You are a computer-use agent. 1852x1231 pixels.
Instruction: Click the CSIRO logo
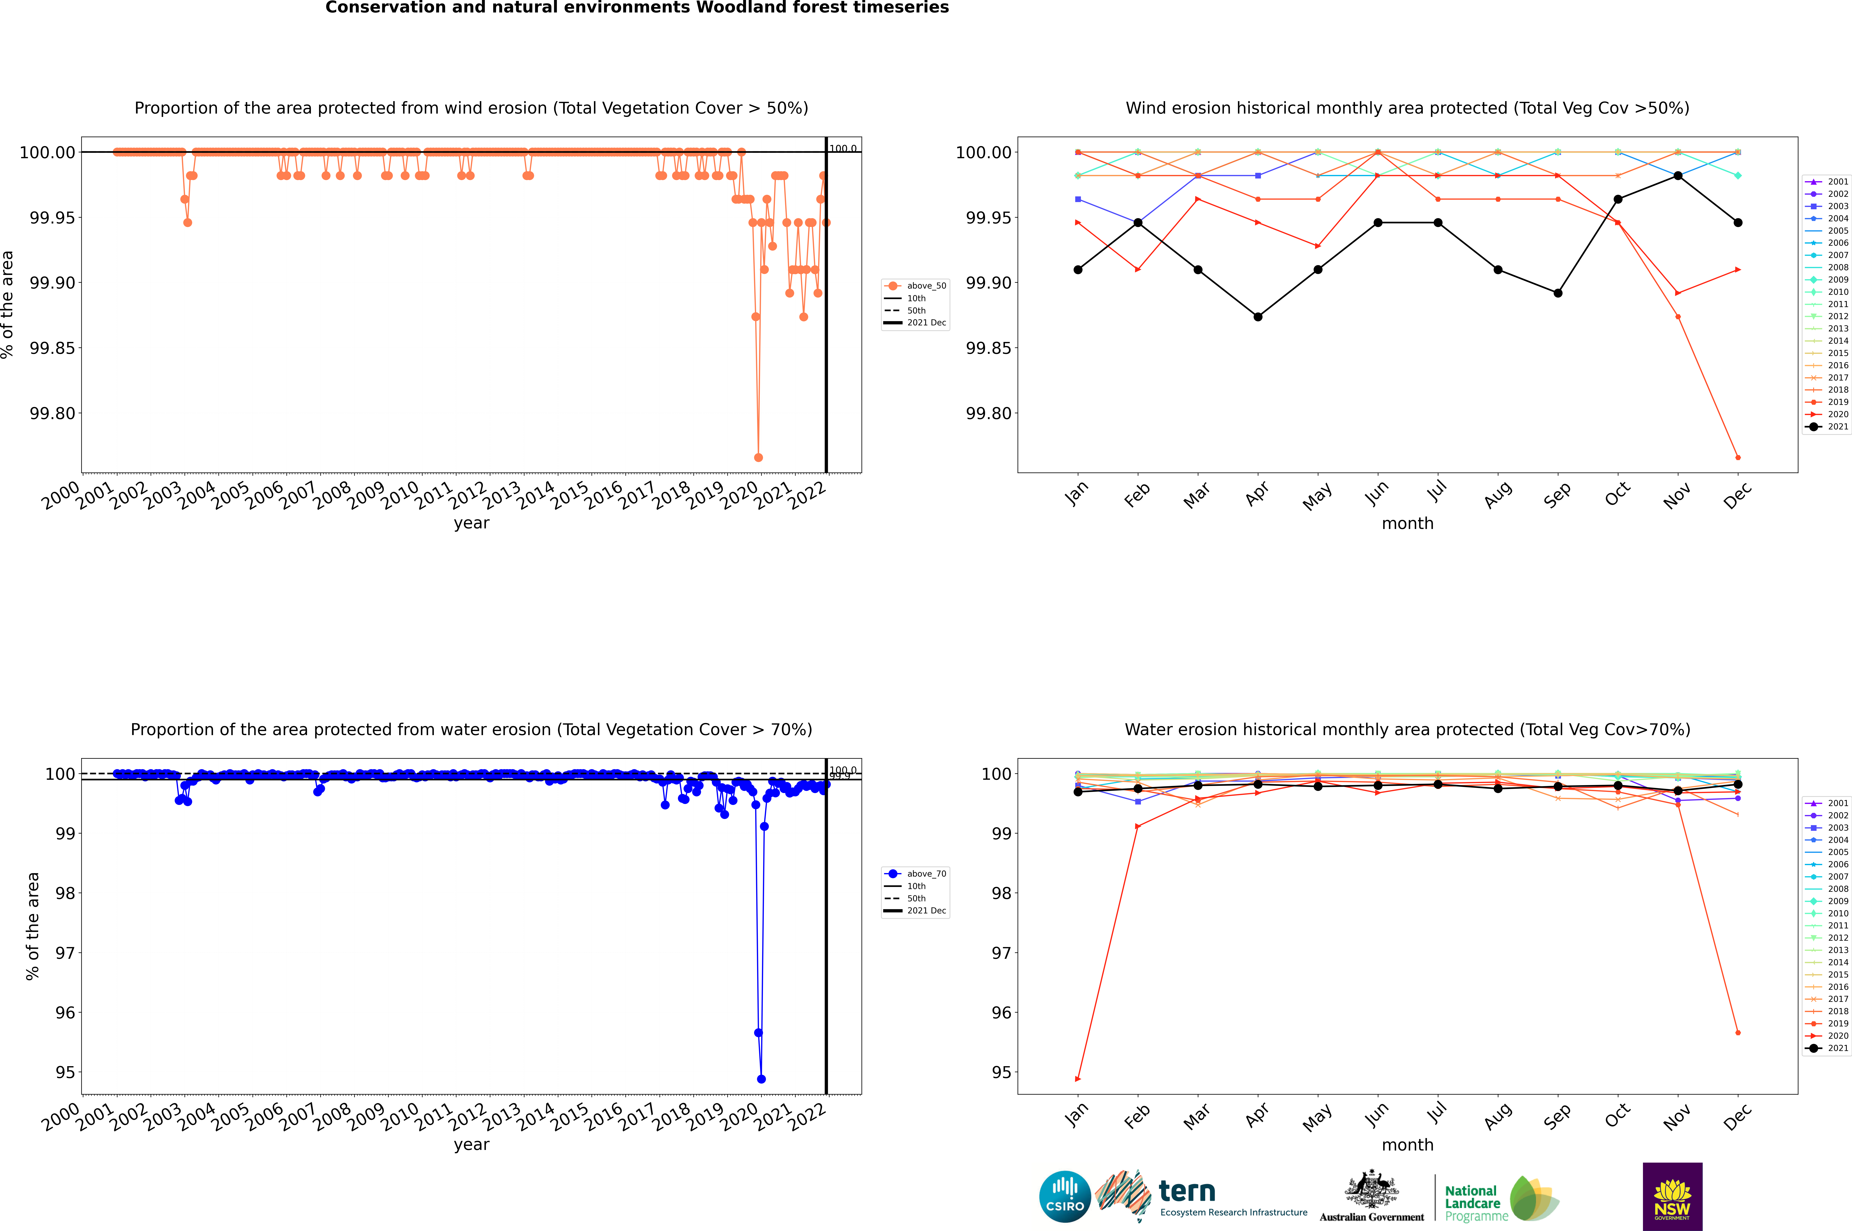1065,1197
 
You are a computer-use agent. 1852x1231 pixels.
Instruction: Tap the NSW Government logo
1672,1197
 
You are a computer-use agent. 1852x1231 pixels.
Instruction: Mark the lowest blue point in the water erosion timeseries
761,1079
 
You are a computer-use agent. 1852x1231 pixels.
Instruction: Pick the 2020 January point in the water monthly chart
1078,1079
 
